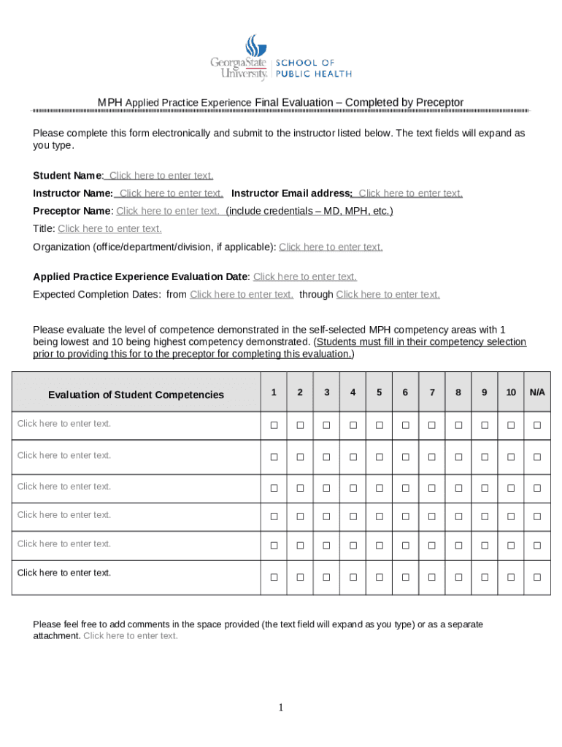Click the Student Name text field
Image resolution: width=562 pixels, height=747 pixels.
(161, 176)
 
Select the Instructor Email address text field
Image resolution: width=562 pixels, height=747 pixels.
(410, 193)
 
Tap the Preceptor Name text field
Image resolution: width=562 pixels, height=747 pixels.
(168, 212)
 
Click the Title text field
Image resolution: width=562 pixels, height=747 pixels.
(109, 229)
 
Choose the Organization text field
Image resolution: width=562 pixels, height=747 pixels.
(331, 247)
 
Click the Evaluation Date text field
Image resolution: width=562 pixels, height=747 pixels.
(304, 277)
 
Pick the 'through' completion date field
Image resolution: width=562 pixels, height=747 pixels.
(388, 295)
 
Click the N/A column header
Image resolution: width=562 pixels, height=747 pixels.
(537, 392)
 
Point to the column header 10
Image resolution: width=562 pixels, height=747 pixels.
(511, 392)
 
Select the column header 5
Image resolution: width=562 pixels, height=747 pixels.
(379, 392)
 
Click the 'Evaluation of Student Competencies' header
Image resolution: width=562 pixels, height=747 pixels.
(136, 395)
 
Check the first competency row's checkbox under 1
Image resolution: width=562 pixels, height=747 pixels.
(274, 425)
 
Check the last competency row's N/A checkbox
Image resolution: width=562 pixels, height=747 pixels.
(537, 577)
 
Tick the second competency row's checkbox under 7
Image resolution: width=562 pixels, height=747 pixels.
(431, 457)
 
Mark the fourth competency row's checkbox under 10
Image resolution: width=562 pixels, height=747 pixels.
(511, 516)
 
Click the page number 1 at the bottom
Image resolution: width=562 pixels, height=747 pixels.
(281, 708)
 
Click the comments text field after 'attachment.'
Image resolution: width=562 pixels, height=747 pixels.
(131, 636)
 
